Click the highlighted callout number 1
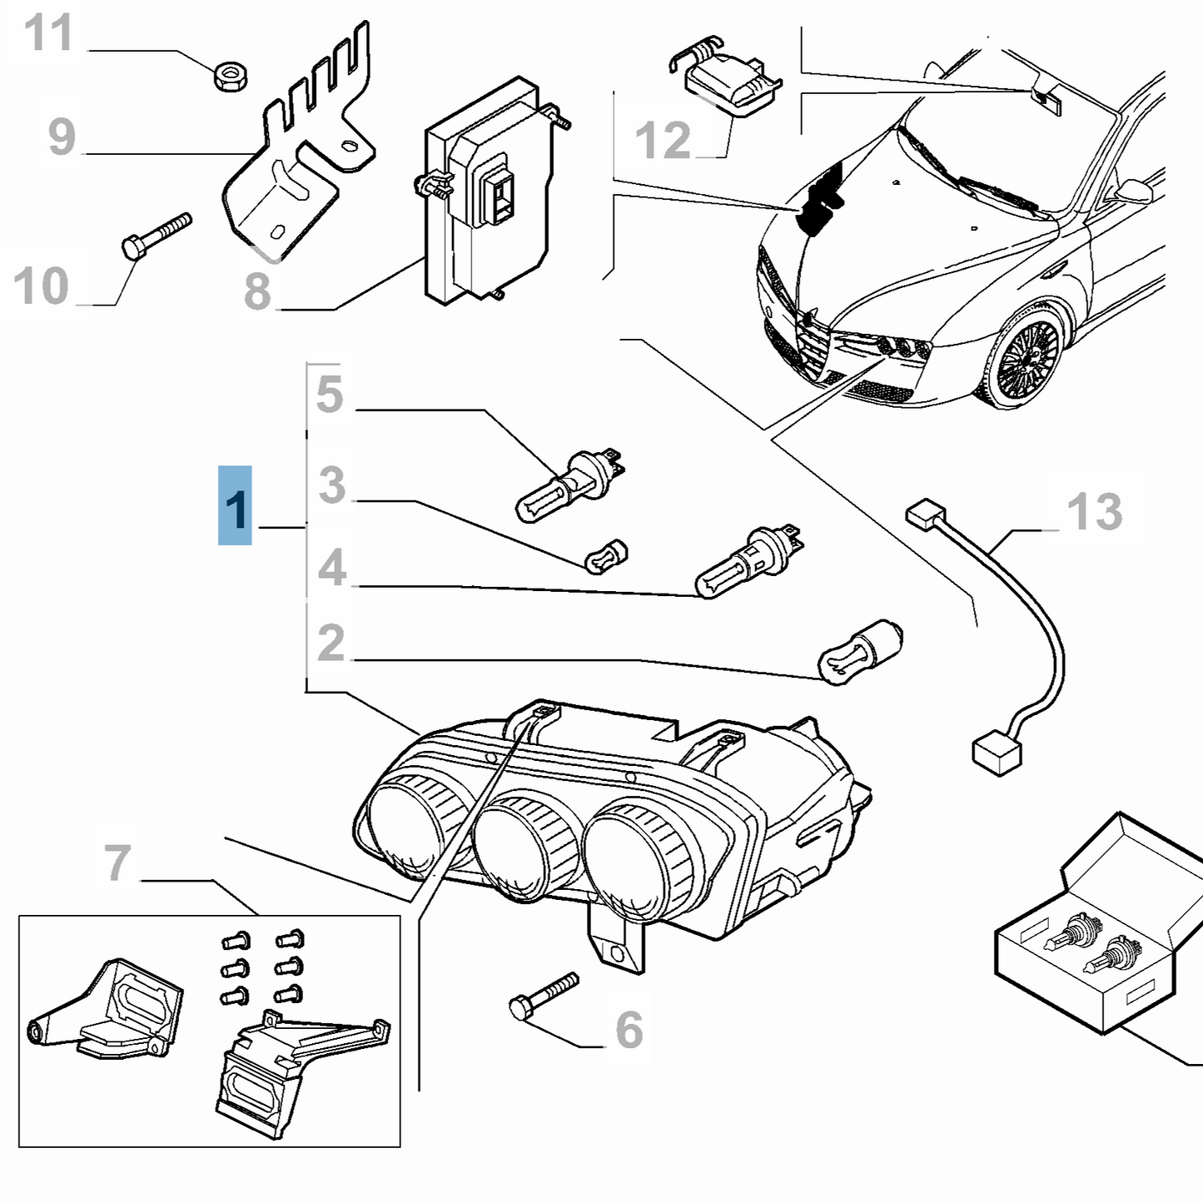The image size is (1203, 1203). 236,507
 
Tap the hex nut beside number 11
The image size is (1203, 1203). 231,77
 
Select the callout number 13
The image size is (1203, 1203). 1094,511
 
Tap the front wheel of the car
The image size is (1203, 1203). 1027,360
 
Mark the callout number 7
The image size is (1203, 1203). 118,862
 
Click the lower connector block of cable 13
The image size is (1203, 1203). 997,753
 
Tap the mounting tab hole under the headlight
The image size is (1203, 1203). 616,952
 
